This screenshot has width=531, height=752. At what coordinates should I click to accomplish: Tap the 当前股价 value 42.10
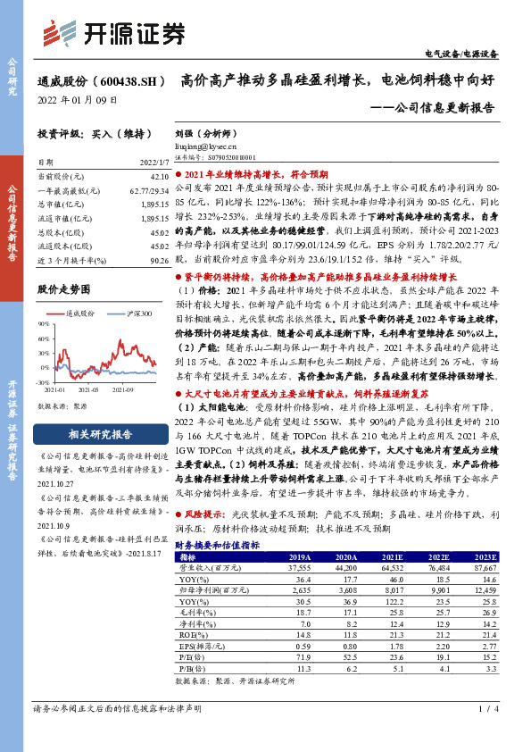pos(159,179)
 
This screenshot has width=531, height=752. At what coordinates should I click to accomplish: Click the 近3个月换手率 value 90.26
pos(159,259)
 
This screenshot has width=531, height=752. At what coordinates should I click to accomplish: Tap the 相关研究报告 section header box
pos(95,435)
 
